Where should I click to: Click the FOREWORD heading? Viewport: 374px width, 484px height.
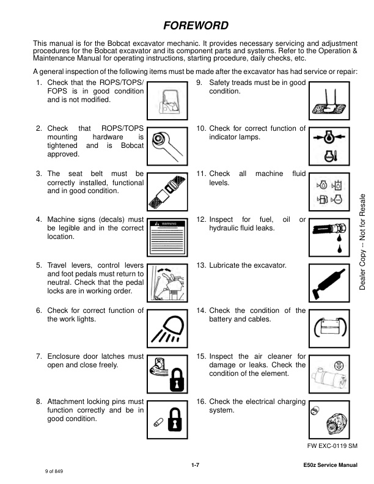(x=196, y=25)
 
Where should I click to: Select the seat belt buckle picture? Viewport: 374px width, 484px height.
(x=167, y=191)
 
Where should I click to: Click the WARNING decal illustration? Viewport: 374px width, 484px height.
(x=167, y=237)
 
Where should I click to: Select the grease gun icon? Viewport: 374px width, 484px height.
(x=329, y=284)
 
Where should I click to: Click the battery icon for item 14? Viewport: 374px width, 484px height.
(x=329, y=328)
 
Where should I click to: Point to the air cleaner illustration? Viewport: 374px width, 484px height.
(x=329, y=374)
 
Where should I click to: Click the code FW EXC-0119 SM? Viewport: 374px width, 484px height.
(x=332, y=446)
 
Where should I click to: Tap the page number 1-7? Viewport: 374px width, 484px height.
(x=196, y=465)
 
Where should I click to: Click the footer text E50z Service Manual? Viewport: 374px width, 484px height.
(x=330, y=465)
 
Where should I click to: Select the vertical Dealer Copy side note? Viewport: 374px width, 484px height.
(x=362, y=242)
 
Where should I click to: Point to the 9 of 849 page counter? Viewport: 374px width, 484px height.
(x=54, y=471)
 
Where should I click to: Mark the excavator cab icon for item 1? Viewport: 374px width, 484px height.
(x=167, y=101)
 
